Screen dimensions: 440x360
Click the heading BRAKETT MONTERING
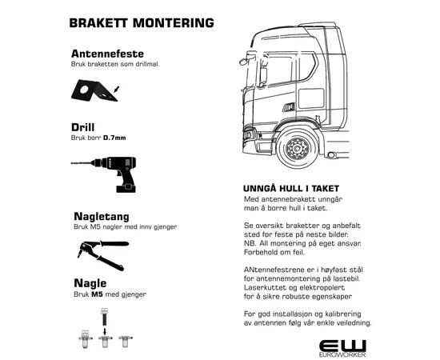click(x=142, y=23)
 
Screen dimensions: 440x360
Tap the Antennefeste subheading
click(x=107, y=54)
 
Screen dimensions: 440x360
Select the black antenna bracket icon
click(x=94, y=90)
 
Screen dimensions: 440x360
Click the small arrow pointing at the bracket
click(x=117, y=89)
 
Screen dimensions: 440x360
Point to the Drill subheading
click(x=82, y=127)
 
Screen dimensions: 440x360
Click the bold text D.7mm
click(x=114, y=138)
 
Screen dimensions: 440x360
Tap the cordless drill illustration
click(x=103, y=174)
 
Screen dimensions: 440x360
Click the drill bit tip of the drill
click(x=72, y=162)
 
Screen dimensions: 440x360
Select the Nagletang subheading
click(x=102, y=217)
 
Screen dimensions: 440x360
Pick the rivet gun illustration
click(x=102, y=255)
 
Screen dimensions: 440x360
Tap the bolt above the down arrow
click(x=104, y=317)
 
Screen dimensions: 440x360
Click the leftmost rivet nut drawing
click(x=85, y=339)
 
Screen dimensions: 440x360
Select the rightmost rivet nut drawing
click(x=126, y=341)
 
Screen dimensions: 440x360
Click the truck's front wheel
click(x=298, y=148)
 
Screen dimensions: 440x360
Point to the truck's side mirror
click(x=263, y=75)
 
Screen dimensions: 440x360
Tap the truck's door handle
click(x=289, y=106)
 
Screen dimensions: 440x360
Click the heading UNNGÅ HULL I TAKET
click(x=291, y=189)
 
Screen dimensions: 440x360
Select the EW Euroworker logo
click(x=342, y=349)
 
